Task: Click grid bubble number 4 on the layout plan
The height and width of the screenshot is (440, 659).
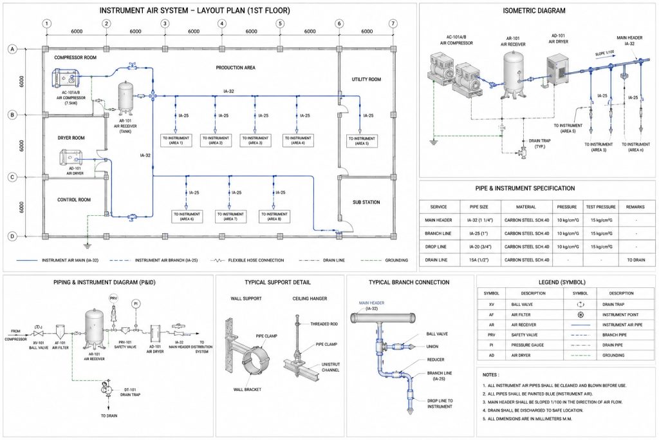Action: tap(222, 24)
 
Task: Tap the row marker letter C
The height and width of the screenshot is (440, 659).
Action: tap(13, 177)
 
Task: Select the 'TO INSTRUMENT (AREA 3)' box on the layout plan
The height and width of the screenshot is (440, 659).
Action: tap(255, 140)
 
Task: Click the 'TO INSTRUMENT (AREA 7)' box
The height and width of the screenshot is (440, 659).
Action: tap(230, 216)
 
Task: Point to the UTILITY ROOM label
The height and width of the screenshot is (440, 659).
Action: tap(366, 79)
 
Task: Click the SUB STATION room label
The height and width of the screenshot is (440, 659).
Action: tap(366, 202)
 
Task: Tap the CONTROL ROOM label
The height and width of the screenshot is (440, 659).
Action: tap(74, 200)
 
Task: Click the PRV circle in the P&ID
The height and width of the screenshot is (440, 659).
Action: tap(113, 298)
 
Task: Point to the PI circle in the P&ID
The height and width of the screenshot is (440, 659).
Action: tap(135, 303)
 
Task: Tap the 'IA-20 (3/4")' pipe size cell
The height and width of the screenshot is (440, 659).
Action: tap(479, 247)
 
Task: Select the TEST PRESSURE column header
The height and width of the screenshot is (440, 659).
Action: tap(600, 207)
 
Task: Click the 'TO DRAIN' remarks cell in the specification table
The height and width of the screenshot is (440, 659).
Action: tap(636, 260)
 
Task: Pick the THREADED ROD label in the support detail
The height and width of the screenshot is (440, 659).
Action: tap(324, 324)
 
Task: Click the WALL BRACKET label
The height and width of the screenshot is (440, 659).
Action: tap(247, 390)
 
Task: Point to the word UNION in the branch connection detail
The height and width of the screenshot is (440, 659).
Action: tap(432, 347)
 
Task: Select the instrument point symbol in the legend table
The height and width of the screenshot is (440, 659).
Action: tap(580, 314)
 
